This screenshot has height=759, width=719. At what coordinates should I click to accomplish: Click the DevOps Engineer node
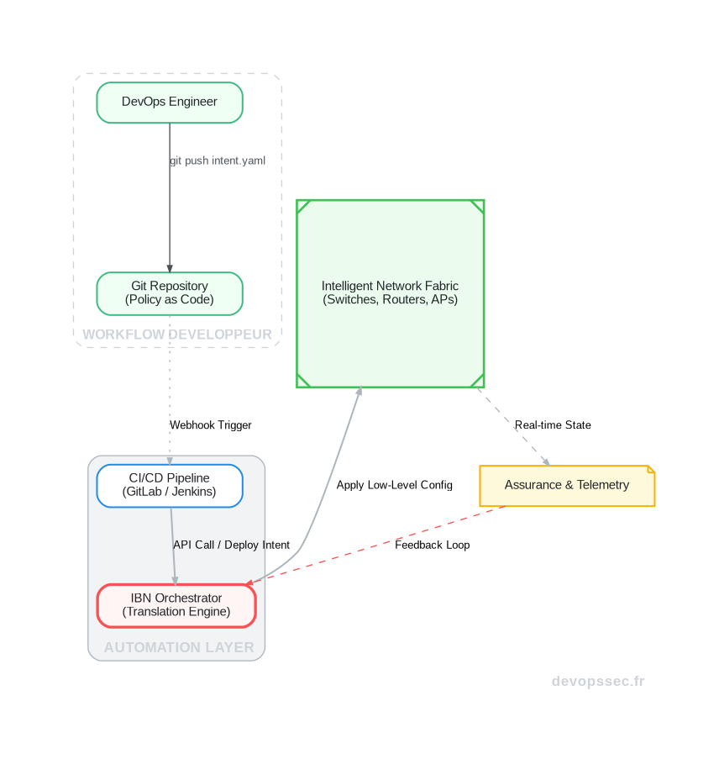[x=170, y=103]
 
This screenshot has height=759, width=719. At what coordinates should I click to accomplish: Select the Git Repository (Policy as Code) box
[x=170, y=293]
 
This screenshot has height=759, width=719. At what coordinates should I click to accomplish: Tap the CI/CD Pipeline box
[x=170, y=486]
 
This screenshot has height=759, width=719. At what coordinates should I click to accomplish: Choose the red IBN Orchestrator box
[x=176, y=605]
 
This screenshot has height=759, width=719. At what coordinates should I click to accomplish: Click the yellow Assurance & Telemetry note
[x=566, y=486]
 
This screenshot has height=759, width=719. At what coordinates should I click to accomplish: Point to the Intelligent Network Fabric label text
[x=390, y=293]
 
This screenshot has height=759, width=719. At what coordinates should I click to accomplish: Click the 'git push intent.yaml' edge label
[x=218, y=161]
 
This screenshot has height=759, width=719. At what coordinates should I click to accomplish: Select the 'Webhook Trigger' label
[x=211, y=425]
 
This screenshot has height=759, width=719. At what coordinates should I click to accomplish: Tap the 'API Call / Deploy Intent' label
[x=231, y=546]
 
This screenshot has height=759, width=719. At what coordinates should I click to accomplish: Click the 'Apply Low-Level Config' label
[x=394, y=486]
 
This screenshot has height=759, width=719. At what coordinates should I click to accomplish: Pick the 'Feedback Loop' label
[x=432, y=546]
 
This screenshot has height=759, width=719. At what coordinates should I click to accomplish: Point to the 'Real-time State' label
[x=553, y=425]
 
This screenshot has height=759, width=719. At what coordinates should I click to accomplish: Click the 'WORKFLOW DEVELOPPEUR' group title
[x=177, y=335]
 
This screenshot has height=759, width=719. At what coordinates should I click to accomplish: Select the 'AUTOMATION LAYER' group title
[x=179, y=648]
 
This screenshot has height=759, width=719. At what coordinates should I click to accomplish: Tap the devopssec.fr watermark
[x=598, y=682]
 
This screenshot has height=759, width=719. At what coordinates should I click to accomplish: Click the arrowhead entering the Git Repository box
[x=170, y=267]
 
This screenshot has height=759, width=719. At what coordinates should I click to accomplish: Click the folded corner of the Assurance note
[x=649, y=470]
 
